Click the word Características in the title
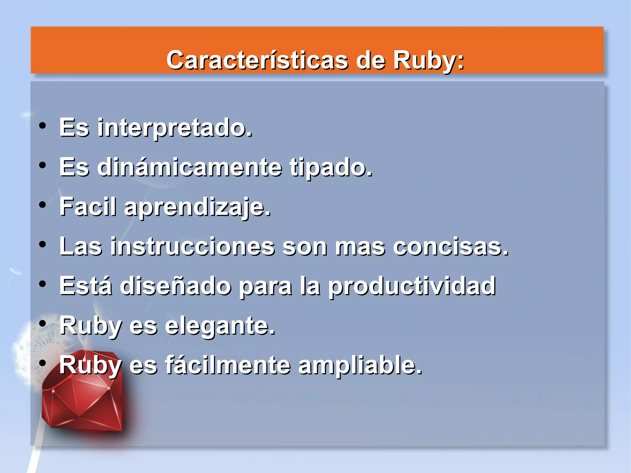257,60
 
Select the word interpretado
175,128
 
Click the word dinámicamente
189,167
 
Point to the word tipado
331,168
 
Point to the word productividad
412,287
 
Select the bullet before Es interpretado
43,126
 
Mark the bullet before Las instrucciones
43,245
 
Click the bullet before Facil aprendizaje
43,205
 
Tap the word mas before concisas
360,247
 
